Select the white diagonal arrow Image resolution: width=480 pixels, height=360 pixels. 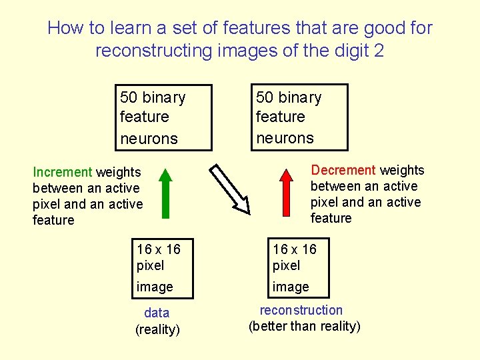click(x=229, y=189)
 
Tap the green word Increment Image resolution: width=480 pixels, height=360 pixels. click(x=63, y=173)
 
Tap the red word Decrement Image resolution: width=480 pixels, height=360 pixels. click(x=343, y=171)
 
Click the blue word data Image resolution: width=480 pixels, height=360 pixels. click(x=157, y=313)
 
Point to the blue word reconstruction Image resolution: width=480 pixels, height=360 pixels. click(x=301, y=310)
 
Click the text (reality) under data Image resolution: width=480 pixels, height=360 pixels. click(x=157, y=329)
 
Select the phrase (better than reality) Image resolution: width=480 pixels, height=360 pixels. click(x=304, y=326)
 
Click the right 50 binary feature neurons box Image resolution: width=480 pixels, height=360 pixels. click(x=300, y=117)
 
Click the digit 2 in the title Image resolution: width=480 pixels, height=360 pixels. click(x=379, y=51)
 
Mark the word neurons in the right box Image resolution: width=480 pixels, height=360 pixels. click(x=285, y=138)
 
